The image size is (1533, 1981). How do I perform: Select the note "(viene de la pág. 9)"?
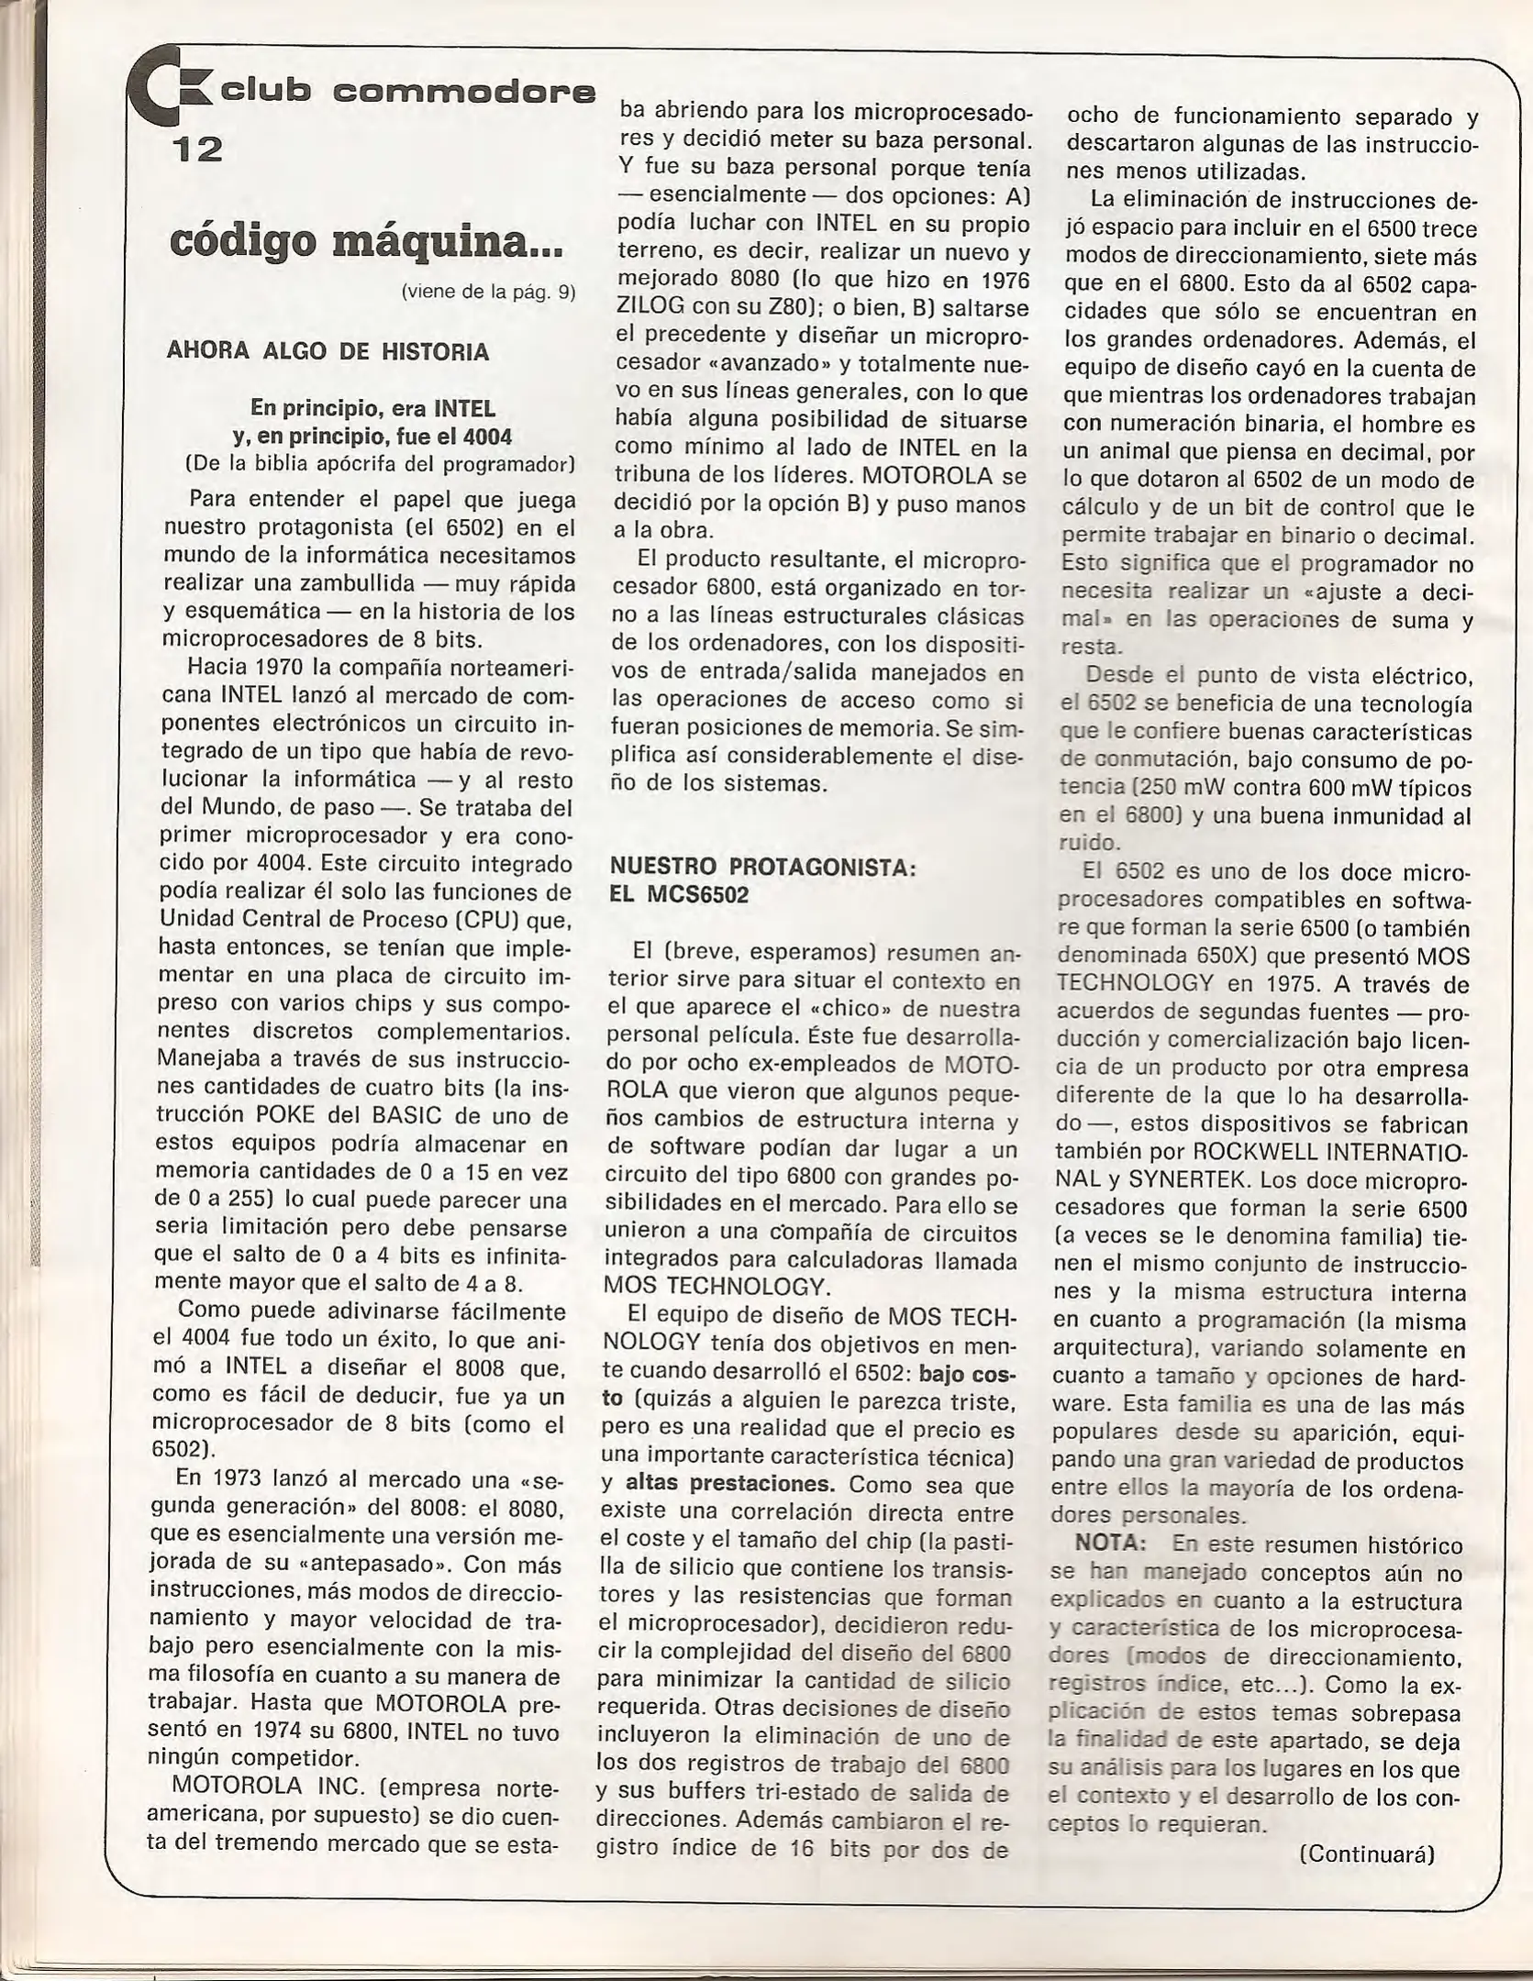pos(488,293)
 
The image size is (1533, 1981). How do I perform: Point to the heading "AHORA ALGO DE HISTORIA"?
pos(328,351)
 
